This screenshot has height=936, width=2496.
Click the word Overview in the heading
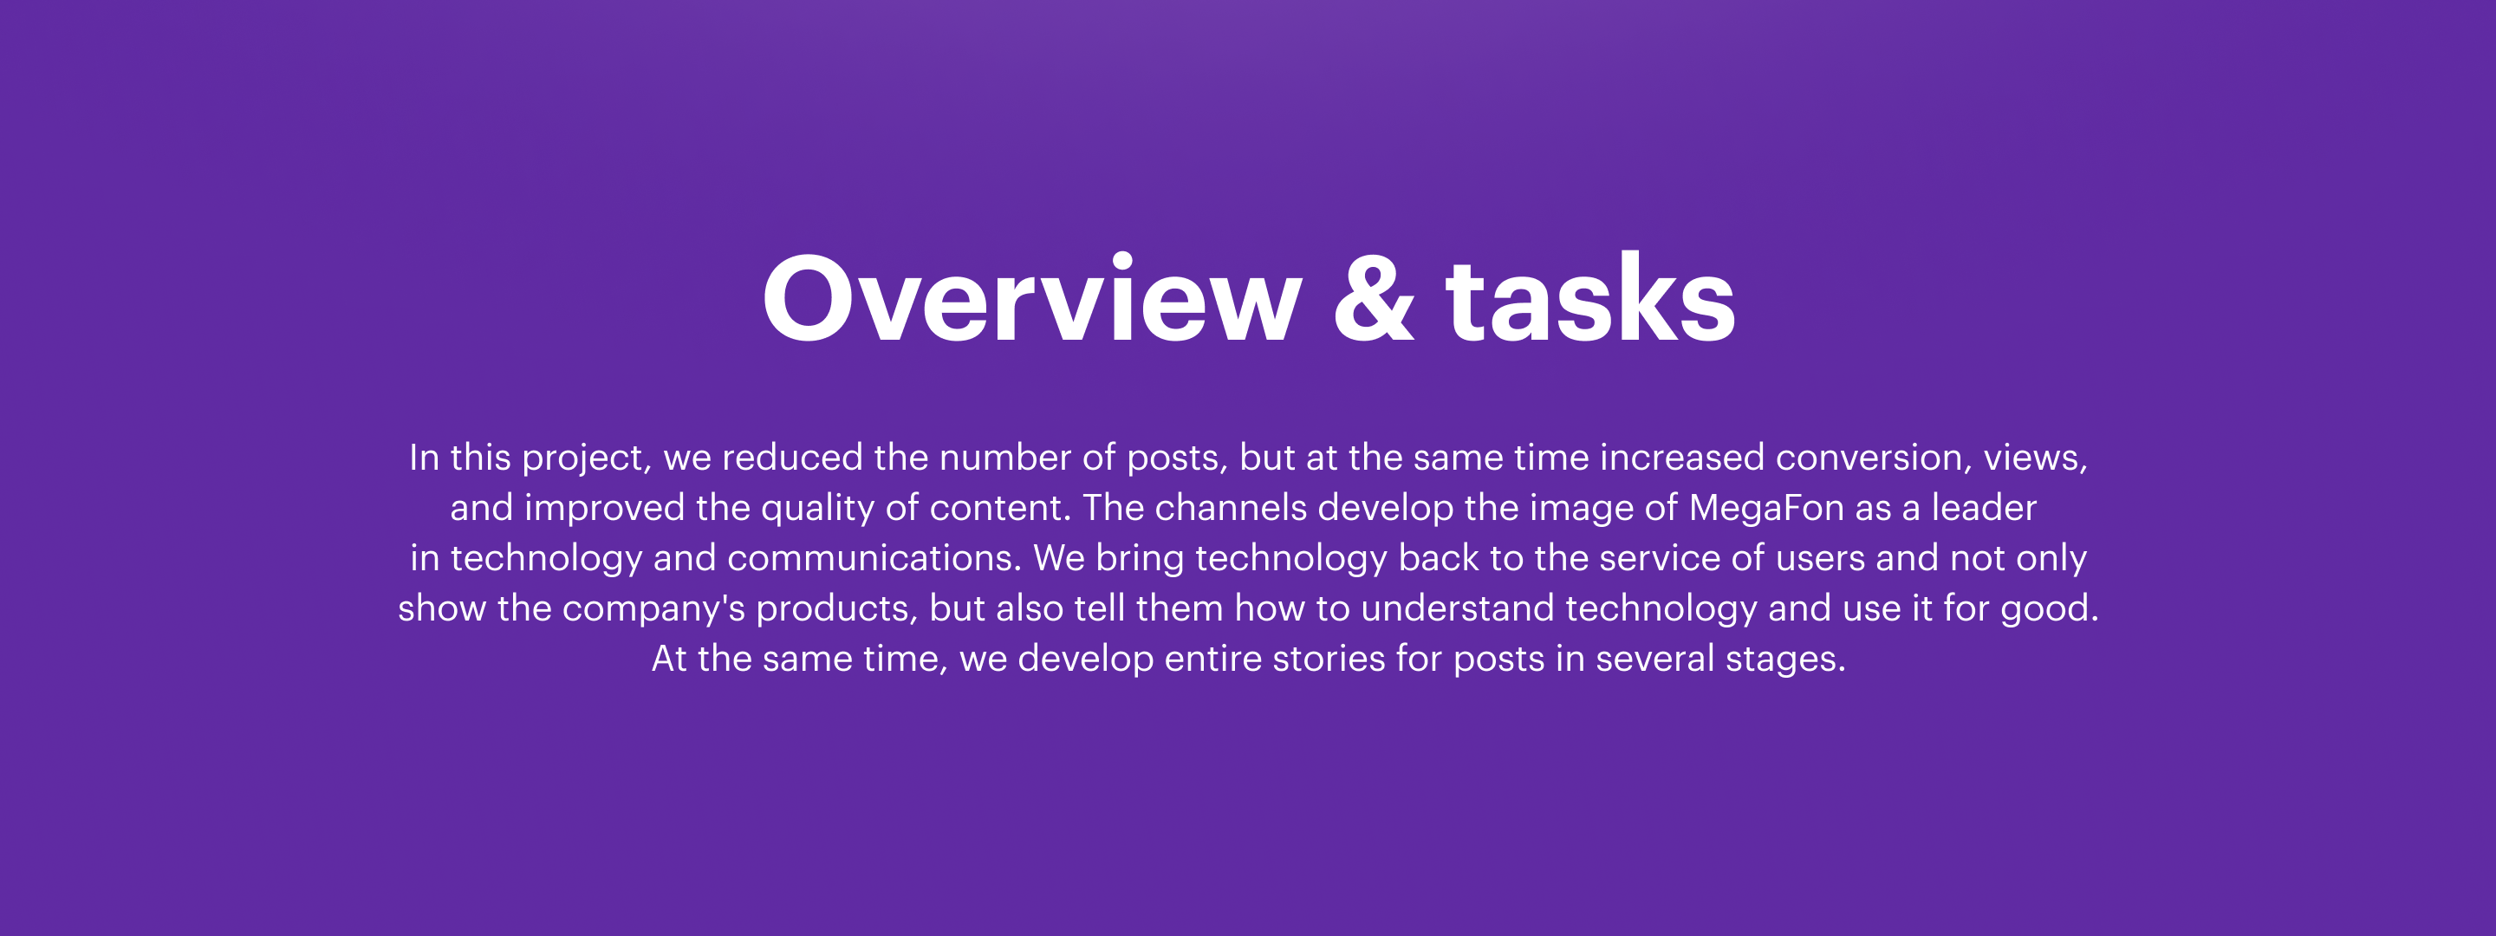(1032, 298)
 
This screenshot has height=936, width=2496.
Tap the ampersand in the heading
(1374, 298)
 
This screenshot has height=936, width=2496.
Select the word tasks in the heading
(1590, 298)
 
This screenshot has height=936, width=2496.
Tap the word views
(2035, 458)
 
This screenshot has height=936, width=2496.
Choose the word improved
(605, 508)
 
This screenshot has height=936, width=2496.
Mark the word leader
(1984, 508)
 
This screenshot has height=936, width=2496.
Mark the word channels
(1231, 508)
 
